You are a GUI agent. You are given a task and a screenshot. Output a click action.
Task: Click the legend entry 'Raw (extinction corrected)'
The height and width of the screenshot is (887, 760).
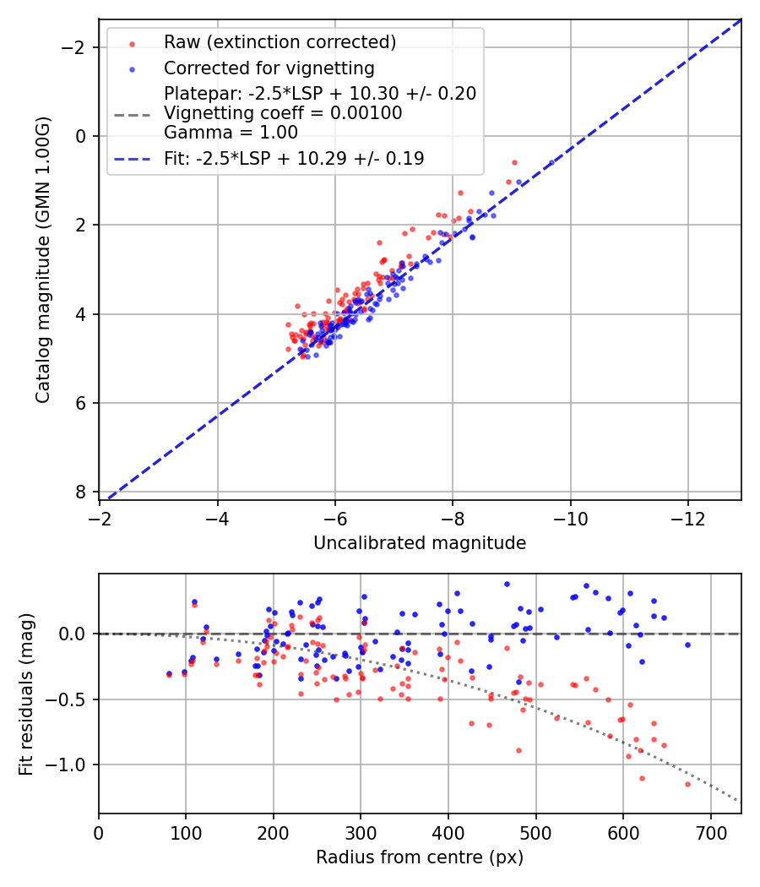280,42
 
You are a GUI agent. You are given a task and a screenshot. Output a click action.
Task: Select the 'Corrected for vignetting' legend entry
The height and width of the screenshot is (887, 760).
269,68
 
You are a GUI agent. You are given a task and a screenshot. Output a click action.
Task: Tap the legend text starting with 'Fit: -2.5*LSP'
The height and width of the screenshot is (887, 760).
294,158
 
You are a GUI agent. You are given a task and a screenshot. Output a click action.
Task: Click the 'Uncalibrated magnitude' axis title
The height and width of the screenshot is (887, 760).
420,543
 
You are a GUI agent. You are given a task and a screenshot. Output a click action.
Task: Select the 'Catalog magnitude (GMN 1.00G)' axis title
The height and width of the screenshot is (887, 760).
43,259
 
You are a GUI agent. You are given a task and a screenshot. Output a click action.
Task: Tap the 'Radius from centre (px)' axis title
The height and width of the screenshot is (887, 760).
420,857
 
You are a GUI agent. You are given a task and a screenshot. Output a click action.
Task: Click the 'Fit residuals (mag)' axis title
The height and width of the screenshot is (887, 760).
26,694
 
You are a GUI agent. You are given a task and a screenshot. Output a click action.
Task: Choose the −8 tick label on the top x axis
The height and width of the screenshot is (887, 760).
453,517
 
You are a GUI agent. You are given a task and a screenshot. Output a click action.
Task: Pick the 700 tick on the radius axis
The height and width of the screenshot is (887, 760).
710,831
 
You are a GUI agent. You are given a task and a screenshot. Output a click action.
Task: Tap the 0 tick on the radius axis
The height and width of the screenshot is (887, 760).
99,831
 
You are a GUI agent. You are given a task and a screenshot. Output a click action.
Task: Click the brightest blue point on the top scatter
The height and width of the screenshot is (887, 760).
551,162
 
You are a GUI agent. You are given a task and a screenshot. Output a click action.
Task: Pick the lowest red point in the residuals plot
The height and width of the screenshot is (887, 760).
687,784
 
